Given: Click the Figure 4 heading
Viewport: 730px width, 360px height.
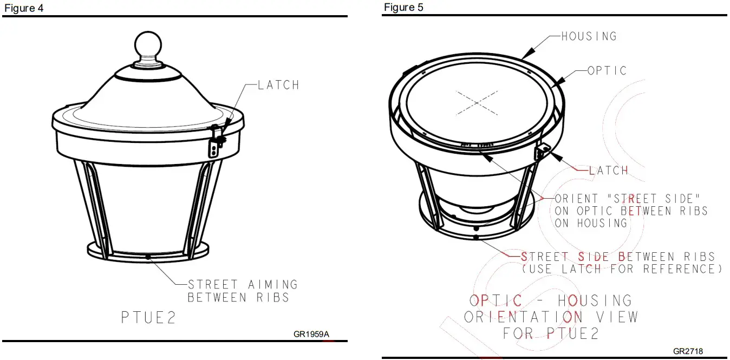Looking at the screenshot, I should click(24, 8).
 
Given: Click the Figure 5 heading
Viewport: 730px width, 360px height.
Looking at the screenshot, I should click(404, 7).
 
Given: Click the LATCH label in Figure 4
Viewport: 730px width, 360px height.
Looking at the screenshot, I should click(278, 85).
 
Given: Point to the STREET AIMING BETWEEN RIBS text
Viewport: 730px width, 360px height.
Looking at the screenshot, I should click(242, 291).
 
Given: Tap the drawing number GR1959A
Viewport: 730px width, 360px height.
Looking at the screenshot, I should click(311, 334).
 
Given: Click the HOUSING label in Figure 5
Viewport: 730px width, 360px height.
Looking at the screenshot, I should click(589, 36).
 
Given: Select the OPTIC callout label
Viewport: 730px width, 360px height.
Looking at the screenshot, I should click(607, 70).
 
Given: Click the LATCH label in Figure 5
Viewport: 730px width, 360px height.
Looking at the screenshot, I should click(609, 170).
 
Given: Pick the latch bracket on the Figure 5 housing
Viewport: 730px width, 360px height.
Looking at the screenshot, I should click(542, 151).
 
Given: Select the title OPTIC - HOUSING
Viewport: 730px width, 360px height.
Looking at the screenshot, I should click(550, 300).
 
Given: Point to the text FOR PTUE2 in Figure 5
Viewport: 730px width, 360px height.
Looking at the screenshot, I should click(551, 333).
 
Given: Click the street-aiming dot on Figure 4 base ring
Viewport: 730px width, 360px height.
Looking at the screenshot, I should click(147, 257).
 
